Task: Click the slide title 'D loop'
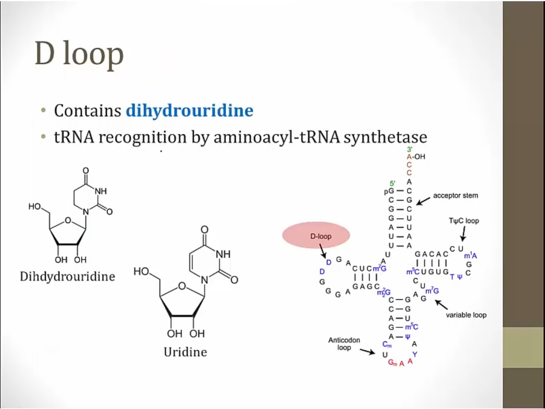pos(79,55)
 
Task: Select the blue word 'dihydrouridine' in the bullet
pos(189,111)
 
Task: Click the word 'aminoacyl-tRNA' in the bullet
pos(276,138)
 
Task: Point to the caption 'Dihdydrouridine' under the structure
pos(68,277)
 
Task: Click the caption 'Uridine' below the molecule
pos(185,351)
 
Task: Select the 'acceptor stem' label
pos(455,196)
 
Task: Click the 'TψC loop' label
pos(463,221)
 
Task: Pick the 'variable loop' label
pos(466,315)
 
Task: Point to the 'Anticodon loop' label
pos(344,344)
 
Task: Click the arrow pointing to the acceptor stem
pos(423,197)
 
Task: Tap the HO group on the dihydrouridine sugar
pos(35,207)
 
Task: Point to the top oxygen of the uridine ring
pos(204,230)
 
